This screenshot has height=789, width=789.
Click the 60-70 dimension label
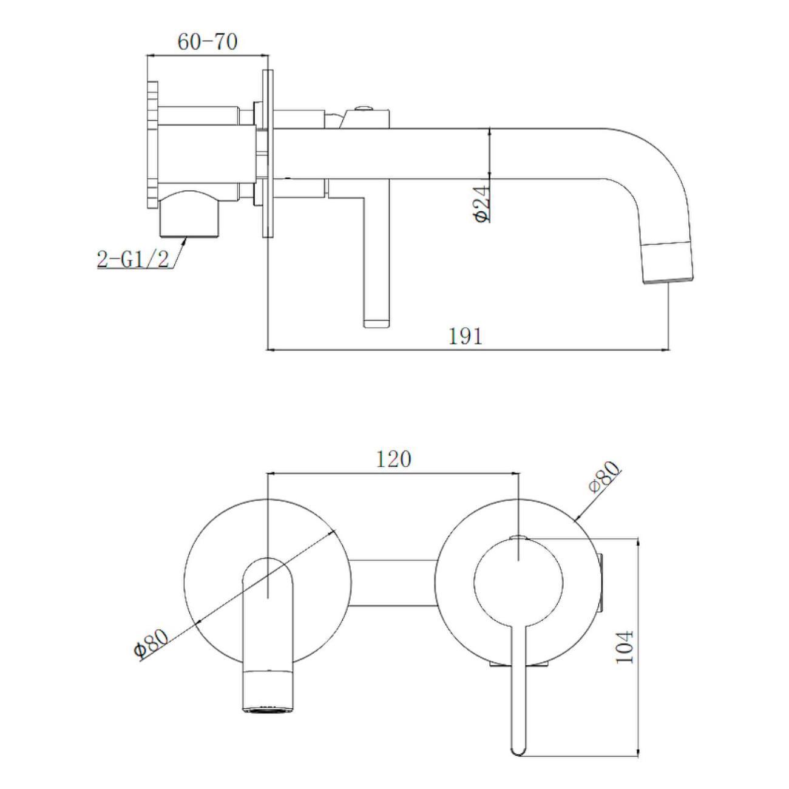[x=207, y=42]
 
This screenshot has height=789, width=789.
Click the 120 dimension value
[x=393, y=459]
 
